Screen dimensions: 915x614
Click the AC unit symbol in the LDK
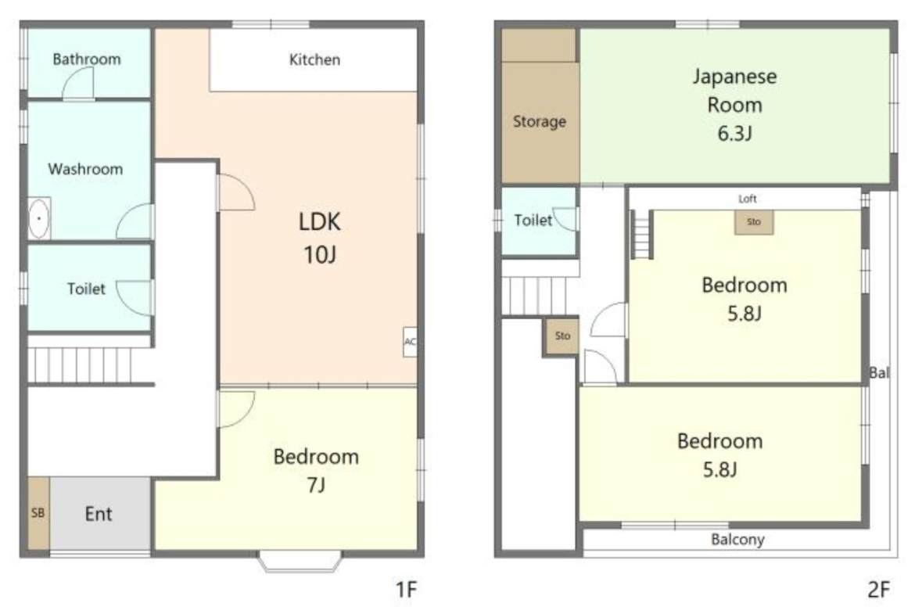point(410,342)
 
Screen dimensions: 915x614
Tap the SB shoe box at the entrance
point(38,513)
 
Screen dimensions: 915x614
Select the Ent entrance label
point(98,514)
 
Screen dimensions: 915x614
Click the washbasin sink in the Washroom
point(38,219)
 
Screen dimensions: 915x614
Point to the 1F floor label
point(407,590)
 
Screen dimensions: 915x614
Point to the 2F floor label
point(879,590)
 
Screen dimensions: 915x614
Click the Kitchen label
point(314,59)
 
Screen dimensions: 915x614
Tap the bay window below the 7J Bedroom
point(300,561)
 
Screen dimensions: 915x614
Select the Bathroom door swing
point(78,83)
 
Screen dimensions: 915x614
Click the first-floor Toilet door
point(135,298)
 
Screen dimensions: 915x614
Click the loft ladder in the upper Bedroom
point(641,234)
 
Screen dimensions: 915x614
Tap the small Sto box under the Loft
point(754,222)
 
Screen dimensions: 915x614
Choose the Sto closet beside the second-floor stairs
point(562,336)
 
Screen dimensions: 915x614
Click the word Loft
point(748,199)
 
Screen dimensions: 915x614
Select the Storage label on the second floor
point(539,121)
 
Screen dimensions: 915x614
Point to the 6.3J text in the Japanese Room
point(734,134)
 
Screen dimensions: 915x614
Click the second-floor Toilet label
point(533,221)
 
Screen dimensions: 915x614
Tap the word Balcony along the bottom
point(737,540)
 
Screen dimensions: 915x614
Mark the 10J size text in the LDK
point(320,255)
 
